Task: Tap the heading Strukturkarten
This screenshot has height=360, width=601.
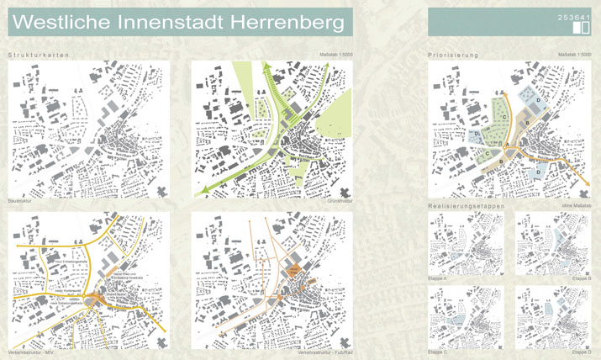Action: point(38,55)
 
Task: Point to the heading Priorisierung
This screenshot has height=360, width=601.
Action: point(454,55)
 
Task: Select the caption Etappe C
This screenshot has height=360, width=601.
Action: point(440,352)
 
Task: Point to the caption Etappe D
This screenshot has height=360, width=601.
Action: point(580,352)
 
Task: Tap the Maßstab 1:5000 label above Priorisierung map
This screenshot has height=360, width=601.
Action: point(574,55)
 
